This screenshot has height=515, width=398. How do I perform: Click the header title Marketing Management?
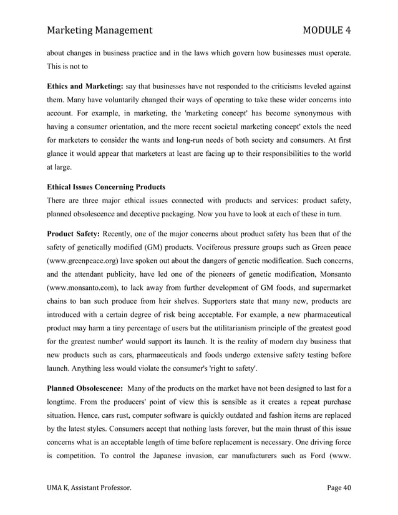tap(100, 29)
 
